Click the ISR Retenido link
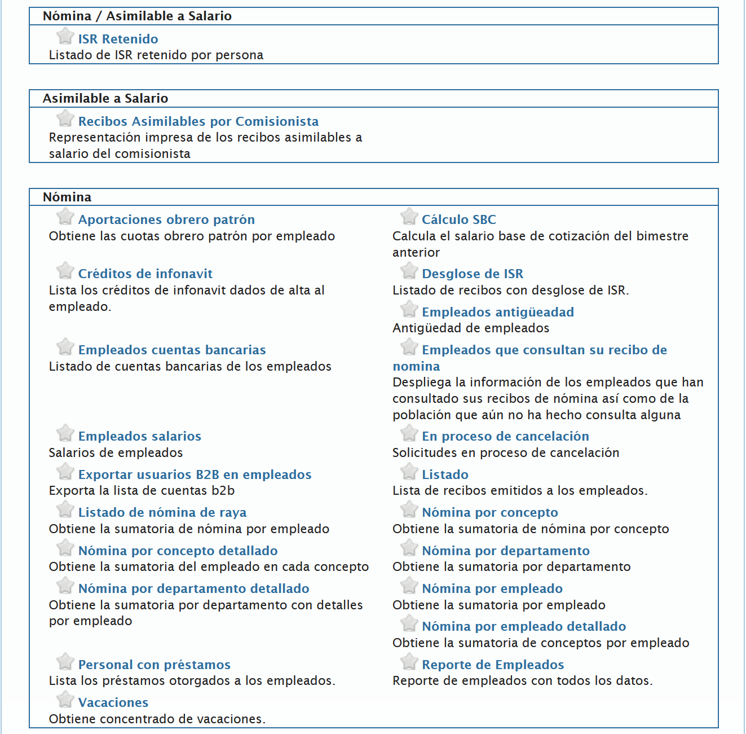pos(118,39)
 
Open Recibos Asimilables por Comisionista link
pos(198,121)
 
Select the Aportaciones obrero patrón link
pos(166,219)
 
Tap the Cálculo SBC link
pos(458,219)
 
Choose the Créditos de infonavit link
pos(145,274)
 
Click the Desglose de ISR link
pos(472,274)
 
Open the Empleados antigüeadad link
pos(497,312)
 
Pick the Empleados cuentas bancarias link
pos(172,350)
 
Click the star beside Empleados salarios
pos(65,433)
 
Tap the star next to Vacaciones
pos(65,700)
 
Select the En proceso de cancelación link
pos(505,436)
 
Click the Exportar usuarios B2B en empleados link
pos(195,474)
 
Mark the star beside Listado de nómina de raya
pos(65,509)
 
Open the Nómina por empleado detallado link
pos(523,626)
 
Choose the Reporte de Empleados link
pos(492,665)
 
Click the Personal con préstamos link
pos(154,665)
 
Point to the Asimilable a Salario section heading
pos(105,98)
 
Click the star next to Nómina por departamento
pos(409,548)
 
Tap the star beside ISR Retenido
pos(65,36)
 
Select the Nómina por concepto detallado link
pos(178,551)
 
